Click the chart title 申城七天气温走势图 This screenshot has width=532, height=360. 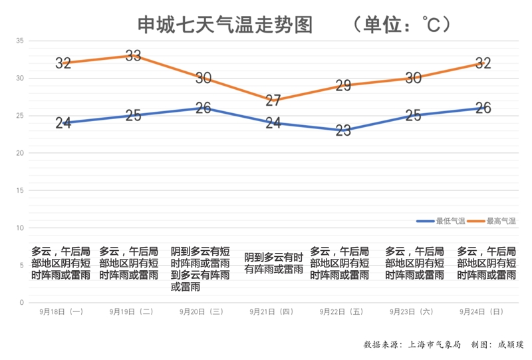[x=225, y=25]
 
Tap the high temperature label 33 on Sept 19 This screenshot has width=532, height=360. [x=133, y=56]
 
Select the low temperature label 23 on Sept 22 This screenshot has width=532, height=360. [x=343, y=131]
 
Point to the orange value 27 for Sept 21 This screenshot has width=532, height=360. [x=273, y=100]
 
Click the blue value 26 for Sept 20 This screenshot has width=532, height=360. [x=203, y=108]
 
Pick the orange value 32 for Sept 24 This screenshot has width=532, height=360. [x=483, y=63]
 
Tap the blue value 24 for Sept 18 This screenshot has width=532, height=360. [x=63, y=123]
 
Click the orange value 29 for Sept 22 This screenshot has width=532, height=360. [x=343, y=86]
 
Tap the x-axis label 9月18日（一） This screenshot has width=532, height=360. [x=61, y=311]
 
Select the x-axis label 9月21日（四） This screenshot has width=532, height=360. [x=271, y=311]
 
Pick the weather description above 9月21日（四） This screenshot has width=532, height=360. [x=273, y=264]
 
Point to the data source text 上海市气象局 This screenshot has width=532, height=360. [x=432, y=345]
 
